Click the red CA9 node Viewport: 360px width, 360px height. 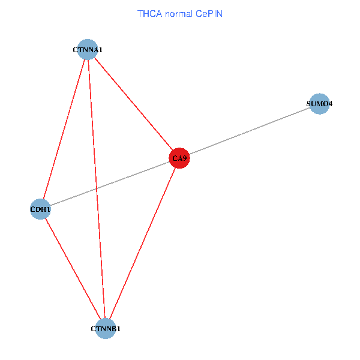[x=179, y=158]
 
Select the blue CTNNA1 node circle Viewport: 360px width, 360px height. [x=88, y=49]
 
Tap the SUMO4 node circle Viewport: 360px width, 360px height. [x=319, y=104]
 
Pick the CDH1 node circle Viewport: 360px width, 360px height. [x=40, y=209]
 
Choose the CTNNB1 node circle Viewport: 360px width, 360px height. [x=106, y=329]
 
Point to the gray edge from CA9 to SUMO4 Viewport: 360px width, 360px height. [x=250, y=131]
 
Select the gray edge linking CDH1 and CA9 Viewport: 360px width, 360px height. [x=110, y=184]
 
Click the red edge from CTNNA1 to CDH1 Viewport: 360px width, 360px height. [x=64, y=129]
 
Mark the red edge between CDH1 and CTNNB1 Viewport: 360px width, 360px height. [x=73, y=269]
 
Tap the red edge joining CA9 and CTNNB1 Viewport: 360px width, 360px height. [x=142, y=244]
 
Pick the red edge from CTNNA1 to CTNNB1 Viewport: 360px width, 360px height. [x=97, y=189]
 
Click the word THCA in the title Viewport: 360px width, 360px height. [x=149, y=14]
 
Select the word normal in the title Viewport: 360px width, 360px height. [x=179, y=14]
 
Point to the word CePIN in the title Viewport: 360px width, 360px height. [x=209, y=14]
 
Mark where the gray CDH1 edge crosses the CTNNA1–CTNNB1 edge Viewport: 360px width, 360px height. [x=97, y=189]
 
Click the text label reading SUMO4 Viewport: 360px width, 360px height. [x=319, y=104]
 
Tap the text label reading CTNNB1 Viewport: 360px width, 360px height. [x=106, y=329]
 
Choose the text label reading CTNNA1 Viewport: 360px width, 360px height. [x=88, y=50]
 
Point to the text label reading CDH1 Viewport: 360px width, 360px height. [x=40, y=209]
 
